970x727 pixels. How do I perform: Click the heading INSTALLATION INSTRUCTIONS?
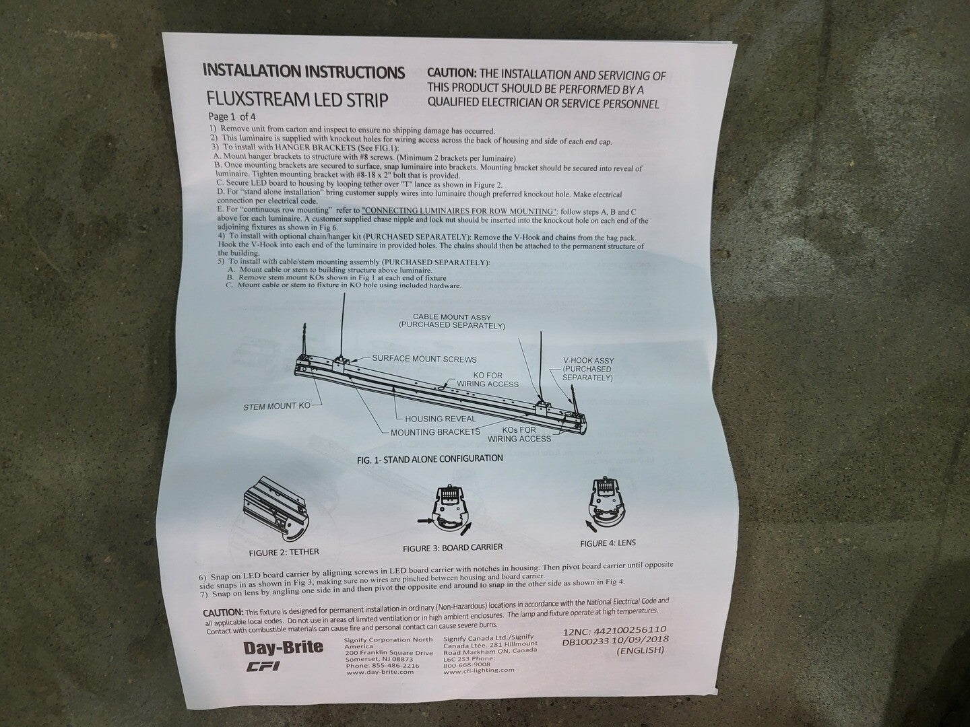304,71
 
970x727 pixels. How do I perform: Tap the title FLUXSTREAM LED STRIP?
298,100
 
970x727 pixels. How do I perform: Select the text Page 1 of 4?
232,117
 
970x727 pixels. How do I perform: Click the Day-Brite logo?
284,648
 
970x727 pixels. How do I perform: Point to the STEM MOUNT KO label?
277,406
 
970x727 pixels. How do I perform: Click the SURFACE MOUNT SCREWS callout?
424,359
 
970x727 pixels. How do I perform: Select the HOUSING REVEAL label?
441,419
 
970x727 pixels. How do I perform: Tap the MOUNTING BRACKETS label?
435,432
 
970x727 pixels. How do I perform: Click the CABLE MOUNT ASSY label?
452,317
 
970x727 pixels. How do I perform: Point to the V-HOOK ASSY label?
588,361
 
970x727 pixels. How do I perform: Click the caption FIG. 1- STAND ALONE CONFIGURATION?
430,459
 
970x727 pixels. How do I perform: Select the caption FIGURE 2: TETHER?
284,552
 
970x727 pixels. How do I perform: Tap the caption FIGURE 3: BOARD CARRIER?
453,548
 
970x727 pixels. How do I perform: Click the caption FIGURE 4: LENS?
608,543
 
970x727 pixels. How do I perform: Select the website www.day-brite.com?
380,672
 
